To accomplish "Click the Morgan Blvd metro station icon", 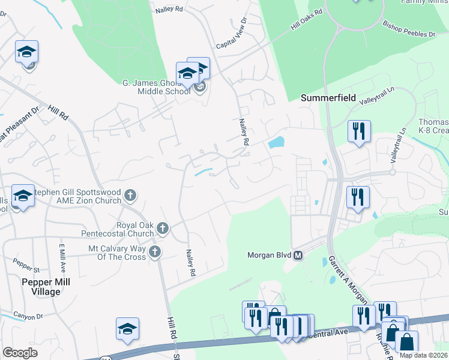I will click(298, 255).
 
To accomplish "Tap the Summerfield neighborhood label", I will click(328, 97).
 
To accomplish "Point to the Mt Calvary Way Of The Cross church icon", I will click(155, 251).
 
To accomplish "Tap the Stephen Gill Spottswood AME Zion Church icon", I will click(130, 195).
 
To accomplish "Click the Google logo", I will click(20, 353).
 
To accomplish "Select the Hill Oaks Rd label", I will click(306, 21).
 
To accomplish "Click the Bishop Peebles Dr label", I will click(409, 30).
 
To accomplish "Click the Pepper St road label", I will click(26, 263).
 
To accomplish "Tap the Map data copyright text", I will click(423, 355).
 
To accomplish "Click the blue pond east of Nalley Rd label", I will click(276, 143).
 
